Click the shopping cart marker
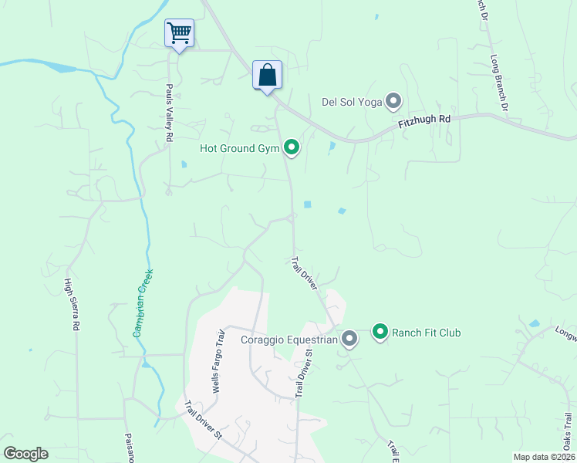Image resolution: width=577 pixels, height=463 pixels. click(179, 33)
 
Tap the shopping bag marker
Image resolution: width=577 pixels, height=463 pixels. click(267, 76)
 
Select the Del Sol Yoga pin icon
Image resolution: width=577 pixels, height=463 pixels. click(394, 101)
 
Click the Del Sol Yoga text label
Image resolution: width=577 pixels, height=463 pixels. click(352, 101)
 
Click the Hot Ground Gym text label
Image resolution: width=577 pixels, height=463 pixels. click(239, 147)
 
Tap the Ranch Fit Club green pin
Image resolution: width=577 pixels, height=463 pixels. click(380, 333)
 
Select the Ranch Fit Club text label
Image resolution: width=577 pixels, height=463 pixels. click(427, 333)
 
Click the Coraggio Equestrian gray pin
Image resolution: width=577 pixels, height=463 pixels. click(349, 339)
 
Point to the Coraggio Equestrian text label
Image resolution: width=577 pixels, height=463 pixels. click(289, 339)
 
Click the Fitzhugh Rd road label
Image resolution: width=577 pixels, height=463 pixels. click(424, 122)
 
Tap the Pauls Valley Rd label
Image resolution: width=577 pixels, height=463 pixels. click(169, 113)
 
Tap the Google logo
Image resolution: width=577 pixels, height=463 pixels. click(25, 454)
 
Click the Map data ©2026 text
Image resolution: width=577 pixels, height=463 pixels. click(545, 457)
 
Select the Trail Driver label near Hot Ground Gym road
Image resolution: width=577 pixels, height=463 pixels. click(304, 274)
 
